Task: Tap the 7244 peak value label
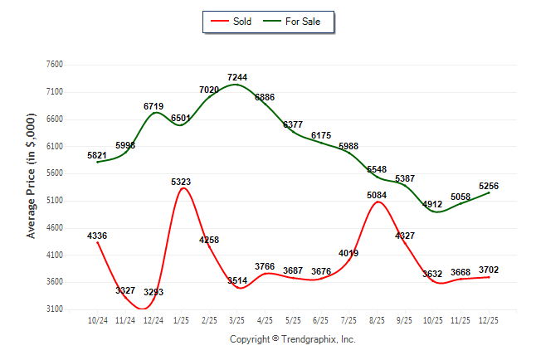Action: coord(237,77)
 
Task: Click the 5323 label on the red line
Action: coord(182,181)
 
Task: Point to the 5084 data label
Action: coord(376,196)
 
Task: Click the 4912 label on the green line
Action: coord(432,203)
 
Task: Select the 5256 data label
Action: coord(489,186)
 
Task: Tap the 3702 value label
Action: coord(489,270)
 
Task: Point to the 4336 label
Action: coord(97,236)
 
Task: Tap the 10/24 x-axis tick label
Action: coord(98,319)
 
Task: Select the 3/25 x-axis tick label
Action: coord(237,319)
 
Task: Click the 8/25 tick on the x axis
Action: coord(377,319)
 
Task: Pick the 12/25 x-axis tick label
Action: coord(489,319)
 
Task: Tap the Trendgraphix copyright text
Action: coord(292,339)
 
